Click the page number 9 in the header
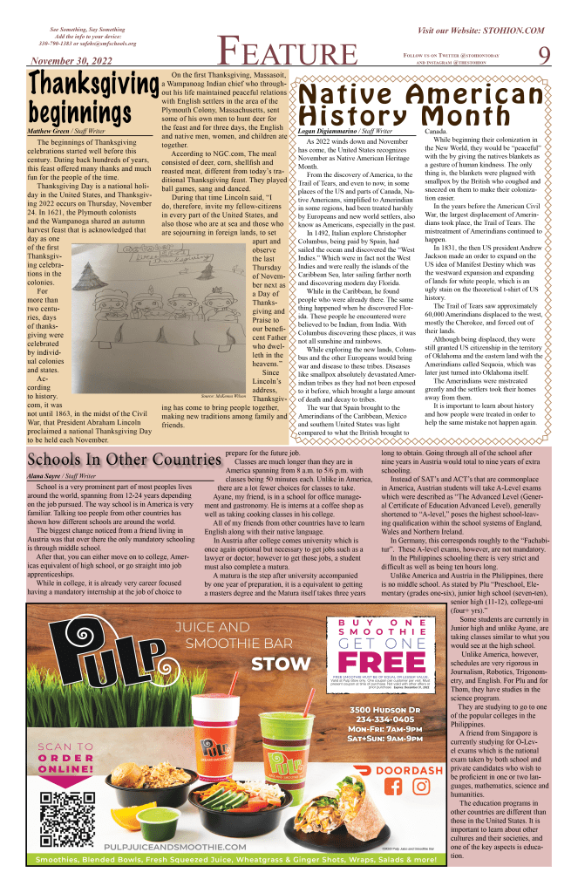click(544, 54)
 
